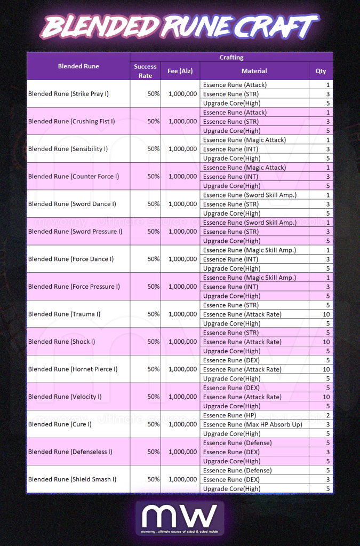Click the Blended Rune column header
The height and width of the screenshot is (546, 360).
(x=78, y=66)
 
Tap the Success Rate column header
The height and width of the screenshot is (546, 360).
(x=145, y=71)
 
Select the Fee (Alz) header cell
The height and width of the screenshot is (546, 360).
(x=180, y=71)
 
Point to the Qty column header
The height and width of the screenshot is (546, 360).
(x=321, y=71)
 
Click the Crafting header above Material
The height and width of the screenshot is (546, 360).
(x=231, y=57)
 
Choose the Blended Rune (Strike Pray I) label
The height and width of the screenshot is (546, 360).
(x=68, y=94)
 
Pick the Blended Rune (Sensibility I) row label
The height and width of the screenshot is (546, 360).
(x=68, y=149)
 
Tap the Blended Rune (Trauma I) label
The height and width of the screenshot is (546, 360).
(x=64, y=314)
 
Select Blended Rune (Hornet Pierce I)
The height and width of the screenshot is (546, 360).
(x=73, y=369)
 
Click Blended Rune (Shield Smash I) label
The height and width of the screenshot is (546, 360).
(x=72, y=479)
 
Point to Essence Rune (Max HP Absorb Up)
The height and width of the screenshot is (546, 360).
(x=252, y=424)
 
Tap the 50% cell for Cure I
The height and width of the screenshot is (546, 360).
(x=154, y=424)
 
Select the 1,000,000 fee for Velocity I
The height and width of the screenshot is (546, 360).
(x=182, y=397)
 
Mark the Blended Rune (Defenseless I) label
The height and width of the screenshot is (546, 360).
(x=70, y=452)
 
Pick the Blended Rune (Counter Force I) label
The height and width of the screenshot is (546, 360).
(x=74, y=177)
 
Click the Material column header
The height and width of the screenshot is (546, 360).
(x=254, y=71)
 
